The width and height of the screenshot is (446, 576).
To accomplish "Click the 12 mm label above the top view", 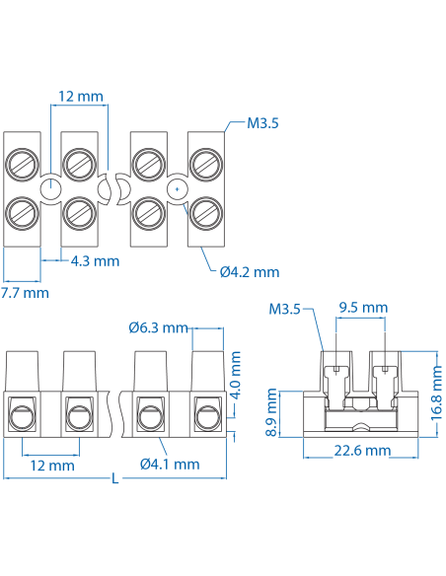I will [x=81, y=97].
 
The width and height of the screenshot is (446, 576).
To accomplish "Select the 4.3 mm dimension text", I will [x=95, y=261].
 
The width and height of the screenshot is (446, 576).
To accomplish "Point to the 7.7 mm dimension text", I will [x=24, y=293].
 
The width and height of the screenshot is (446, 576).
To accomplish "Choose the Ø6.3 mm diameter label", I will [x=158, y=327].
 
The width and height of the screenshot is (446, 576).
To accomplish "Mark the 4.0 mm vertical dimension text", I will [x=236, y=375].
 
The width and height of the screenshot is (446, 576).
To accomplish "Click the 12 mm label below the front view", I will [x=51, y=465].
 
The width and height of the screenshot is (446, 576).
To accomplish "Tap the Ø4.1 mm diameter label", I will [x=170, y=464].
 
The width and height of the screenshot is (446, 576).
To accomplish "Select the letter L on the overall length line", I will [x=115, y=479].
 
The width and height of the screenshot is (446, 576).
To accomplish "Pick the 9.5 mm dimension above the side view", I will [x=362, y=308].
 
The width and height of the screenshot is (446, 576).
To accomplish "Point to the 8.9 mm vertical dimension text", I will [x=272, y=413].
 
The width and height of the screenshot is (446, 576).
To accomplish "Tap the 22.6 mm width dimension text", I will [x=361, y=451].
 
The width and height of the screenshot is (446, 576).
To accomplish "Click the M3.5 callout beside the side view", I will [x=284, y=310].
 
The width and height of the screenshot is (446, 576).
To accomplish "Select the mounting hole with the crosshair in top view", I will [x=176, y=187].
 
